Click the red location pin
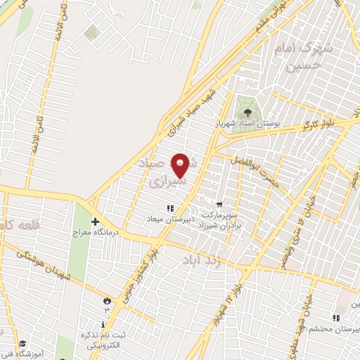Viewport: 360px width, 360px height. coord(181,165)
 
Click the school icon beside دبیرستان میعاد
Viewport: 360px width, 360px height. coord(169,207)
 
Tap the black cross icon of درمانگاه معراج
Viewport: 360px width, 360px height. coord(94,221)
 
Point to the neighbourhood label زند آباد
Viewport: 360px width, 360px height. coord(203,259)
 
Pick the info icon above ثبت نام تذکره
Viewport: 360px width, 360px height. coord(104,325)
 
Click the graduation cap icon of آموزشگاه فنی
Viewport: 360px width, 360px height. coord(22,343)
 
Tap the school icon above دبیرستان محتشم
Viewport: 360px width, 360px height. coord(335,319)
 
